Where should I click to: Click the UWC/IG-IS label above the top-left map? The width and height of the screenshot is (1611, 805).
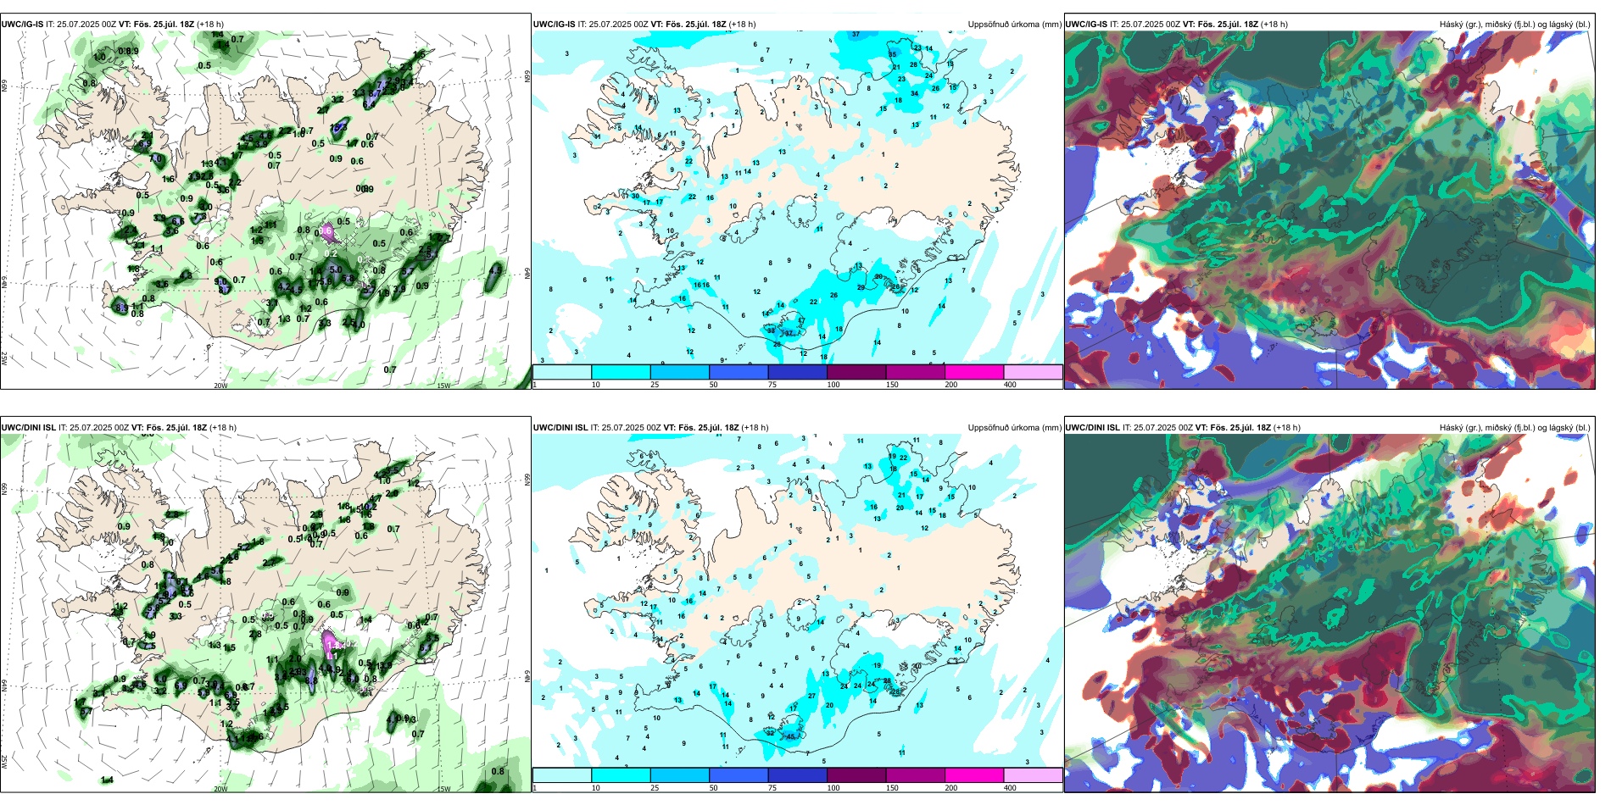click(x=22, y=25)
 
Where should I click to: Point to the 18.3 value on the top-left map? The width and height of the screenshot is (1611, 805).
click(x=338, y=127)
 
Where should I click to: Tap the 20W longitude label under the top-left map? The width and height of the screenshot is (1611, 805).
click(x=220, y=386)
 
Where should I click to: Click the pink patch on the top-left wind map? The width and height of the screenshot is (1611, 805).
click(x=327, y=230)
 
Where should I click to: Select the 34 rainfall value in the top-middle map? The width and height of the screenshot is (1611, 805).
click(x=915, y=94)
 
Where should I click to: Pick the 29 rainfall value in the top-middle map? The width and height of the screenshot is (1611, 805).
click(x=861, y=287)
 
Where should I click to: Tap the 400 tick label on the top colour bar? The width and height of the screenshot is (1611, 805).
click(x=1010, y=385)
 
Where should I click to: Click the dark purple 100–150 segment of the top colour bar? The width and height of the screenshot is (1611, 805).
click(x=856, y=372)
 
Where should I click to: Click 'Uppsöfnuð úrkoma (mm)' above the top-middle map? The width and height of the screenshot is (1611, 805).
click(x=1014, y=25)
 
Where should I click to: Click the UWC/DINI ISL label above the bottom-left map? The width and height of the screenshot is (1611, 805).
click(x=28, y=428)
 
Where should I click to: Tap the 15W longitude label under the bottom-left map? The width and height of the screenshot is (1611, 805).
click(x=443, y=789)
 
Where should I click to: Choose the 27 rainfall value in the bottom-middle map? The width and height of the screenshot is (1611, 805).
click(x=812, y=696)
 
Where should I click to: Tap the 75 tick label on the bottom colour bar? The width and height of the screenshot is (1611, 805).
click(x=772, y=788)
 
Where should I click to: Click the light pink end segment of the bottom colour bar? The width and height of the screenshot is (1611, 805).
click(x=1033, y=775)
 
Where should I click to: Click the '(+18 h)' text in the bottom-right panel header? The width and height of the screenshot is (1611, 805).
click(x=1286, y=428)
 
